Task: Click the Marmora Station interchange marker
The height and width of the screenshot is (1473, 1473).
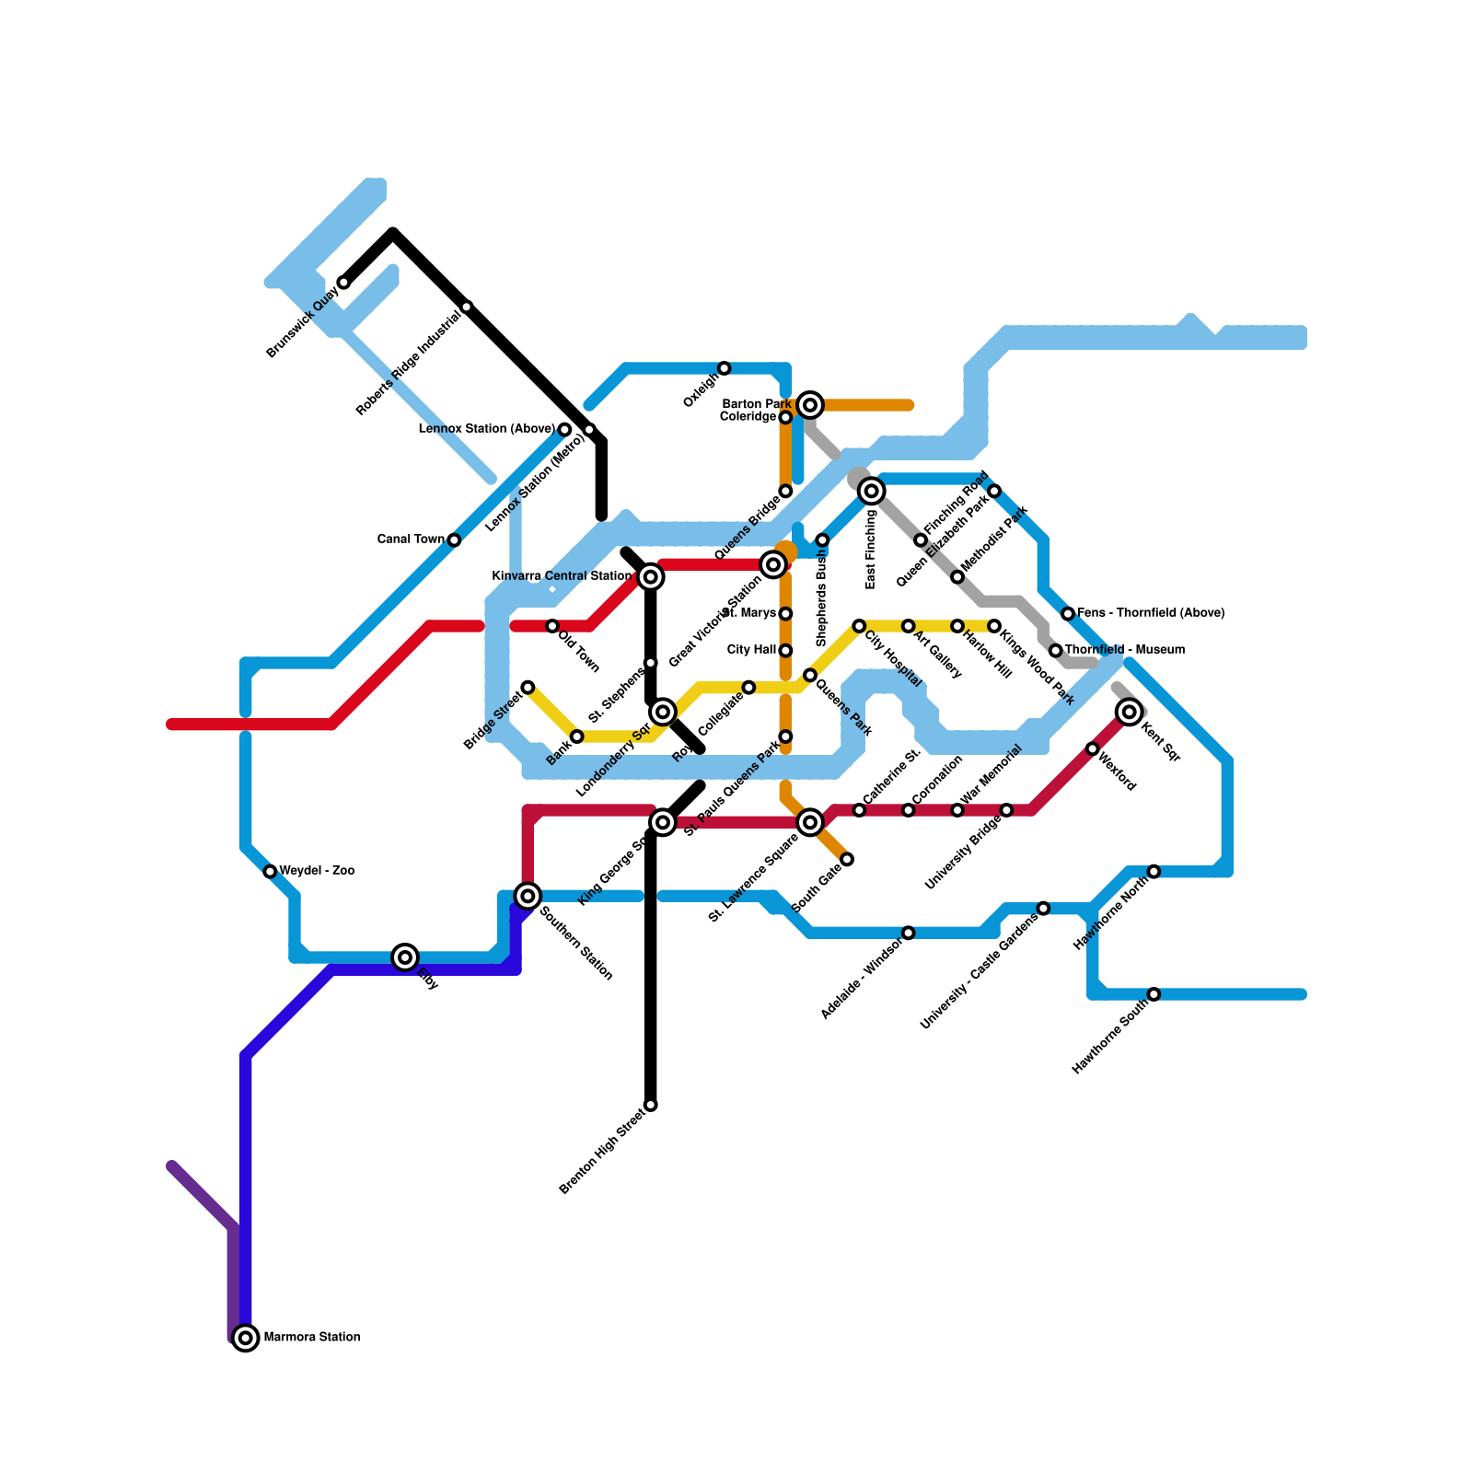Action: point(245,1338)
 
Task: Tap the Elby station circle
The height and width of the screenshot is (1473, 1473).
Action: point(405,957)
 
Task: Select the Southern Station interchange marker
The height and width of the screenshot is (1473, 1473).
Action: point(528,895)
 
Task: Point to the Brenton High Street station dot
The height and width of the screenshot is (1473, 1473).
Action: point(651,1105)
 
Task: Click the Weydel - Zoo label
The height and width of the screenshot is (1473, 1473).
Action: point(317,871)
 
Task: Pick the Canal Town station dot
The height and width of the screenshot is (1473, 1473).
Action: point(454,539)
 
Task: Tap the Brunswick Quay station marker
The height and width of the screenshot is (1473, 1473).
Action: point(343,282)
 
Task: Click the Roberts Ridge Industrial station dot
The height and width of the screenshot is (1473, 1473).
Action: point(467,307)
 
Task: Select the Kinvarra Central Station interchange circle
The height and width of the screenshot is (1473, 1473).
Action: point(651,576)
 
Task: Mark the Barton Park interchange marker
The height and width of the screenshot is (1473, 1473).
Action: point(810,404)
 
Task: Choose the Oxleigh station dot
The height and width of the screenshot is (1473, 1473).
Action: point(725,368)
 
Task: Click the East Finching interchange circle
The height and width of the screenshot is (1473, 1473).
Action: point(872,491)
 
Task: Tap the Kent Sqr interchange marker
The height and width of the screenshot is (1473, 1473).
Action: point(1130,712)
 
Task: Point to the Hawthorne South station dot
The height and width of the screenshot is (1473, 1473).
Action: point(1154,994)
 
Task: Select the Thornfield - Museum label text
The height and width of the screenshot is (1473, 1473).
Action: point(1125,650)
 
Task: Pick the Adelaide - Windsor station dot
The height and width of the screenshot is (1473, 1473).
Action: point(909,933)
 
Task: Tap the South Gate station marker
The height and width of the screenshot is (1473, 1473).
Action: point(847,859)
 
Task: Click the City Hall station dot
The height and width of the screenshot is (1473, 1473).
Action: point(785,651)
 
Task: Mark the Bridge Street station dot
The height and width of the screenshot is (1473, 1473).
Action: point(528,688)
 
